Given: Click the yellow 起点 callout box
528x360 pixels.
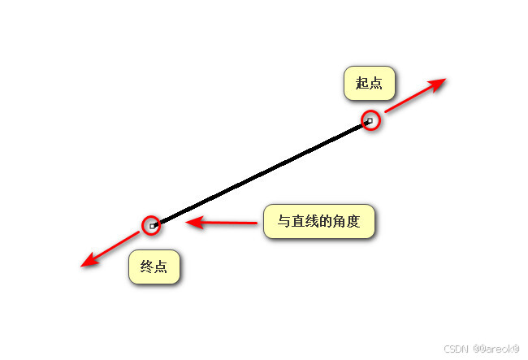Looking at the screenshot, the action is [x=369, y=83].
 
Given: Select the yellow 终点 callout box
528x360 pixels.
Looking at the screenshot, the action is [x=154, y=267].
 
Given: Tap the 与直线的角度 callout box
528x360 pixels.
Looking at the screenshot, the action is [x=319, y=221].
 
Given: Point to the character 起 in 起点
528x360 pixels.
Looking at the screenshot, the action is [x=362, y=83].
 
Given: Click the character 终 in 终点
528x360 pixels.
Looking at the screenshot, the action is [x=147, y=267].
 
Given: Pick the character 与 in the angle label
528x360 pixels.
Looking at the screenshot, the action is [x=284, y=221].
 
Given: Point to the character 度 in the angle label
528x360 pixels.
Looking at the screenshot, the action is [x=353, y=221].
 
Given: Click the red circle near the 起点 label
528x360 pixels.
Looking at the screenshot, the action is [x=370, y=120].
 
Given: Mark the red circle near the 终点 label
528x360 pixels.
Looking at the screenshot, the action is [x=151, y=225].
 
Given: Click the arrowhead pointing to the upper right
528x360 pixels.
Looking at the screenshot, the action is [x=438, y=84].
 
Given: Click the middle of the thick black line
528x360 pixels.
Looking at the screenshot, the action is [x=261, y=173].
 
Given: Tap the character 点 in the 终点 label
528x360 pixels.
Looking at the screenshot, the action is [x=162, y=267].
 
